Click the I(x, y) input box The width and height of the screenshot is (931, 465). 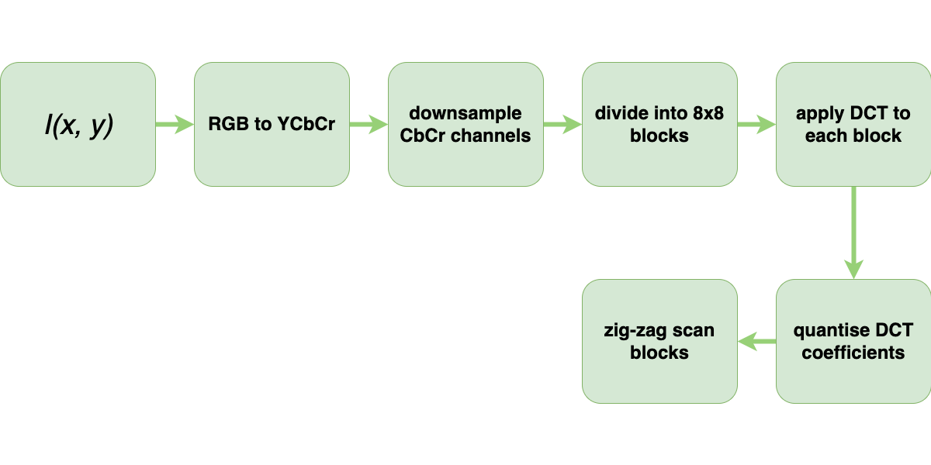click(x=78, y=124)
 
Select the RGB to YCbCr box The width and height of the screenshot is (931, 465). click(x=272, y=124)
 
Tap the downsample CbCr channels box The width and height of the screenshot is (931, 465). click(x=465, y=124)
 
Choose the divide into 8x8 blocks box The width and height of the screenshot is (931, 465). click(x=659, y=124)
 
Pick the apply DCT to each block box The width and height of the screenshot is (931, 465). click(x=853, y=124)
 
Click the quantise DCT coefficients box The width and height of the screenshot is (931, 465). click(x=853, y=341)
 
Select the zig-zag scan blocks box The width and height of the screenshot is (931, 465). click(x=659, y=341)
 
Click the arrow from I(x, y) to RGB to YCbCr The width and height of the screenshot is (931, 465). click(x=175, y=124)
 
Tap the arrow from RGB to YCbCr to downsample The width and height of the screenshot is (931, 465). click(x=369, y=124)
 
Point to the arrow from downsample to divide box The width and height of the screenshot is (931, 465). click(x=562, y=124)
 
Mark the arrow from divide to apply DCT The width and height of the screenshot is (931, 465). click(x=756, y=124)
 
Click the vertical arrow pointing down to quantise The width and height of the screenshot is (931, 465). click(x=853, y=232)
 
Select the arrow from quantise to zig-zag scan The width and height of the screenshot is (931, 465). click(x=756, y=341)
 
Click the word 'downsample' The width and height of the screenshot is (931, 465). click(x=465, y=114)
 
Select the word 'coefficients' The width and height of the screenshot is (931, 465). click(x=853, y=353)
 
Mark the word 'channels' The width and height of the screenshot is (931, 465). click(x=493, y=136)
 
